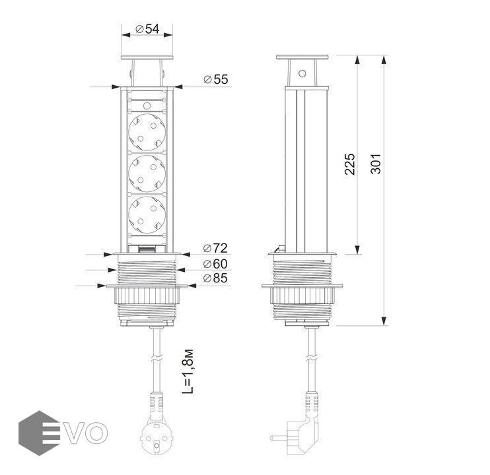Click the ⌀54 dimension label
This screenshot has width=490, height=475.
click(147, 29)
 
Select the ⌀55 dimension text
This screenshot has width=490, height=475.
click(216, 79)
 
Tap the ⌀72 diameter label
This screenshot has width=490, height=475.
click(215, 248)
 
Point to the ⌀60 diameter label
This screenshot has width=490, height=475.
click(215, 264)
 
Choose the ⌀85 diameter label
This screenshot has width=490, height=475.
click(215, 278)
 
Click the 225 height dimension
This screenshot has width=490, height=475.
click(350, 164)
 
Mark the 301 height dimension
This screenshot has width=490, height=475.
click(376, 164)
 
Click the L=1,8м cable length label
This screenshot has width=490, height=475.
click(188, 371)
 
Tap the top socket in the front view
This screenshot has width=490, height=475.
click(147, 132)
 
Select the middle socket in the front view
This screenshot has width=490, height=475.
click(147, 174)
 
